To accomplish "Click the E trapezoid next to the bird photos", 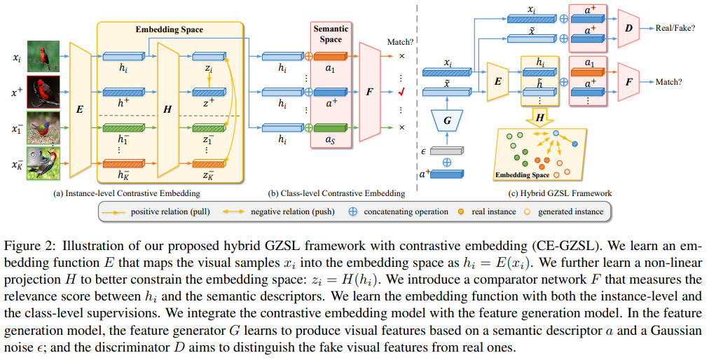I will [x=79, y=108].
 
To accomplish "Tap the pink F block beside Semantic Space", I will [x=369, y=91].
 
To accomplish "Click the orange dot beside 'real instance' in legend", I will [x=462, y=211].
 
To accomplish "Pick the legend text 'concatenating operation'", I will [x=406, y=211].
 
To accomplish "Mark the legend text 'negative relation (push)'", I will [x=291, y=211].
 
